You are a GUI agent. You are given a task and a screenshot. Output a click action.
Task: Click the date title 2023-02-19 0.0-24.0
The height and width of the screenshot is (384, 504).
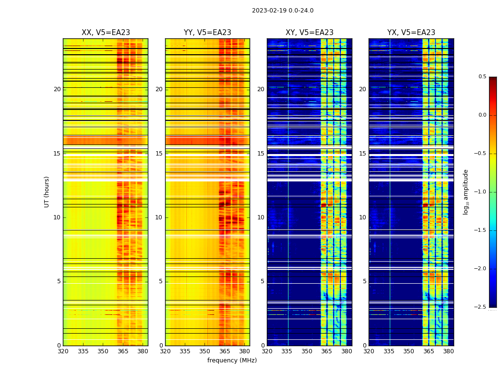pos(282,11)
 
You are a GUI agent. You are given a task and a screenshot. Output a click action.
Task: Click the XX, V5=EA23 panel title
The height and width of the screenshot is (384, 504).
pos(106,33)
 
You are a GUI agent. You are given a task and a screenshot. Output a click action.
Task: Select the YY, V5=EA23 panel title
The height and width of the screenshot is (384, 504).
pos(207,33)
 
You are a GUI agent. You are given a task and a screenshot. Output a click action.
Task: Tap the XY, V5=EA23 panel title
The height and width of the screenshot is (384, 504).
pos(309,33)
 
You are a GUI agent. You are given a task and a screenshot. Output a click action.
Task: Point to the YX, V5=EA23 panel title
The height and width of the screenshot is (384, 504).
pos(411,33)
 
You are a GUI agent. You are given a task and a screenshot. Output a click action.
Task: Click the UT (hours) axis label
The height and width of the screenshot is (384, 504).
pos(47,192)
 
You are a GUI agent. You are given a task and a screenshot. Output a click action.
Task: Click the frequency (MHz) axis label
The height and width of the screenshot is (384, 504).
pos(232,360)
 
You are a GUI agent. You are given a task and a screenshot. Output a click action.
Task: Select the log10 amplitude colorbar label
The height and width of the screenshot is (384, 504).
pos(465,192)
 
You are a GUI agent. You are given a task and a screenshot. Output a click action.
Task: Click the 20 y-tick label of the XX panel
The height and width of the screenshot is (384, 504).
pos(57,89)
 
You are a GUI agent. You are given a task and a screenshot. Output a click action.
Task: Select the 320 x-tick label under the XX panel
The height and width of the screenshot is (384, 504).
pos(63,351)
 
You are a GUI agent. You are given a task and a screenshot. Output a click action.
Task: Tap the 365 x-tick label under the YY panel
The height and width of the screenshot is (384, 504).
pos(225,351)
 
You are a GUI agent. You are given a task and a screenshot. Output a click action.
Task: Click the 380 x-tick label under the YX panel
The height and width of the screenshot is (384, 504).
pos(448,351)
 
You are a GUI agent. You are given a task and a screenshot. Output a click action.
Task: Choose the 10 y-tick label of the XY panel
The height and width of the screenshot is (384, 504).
pos(261,217)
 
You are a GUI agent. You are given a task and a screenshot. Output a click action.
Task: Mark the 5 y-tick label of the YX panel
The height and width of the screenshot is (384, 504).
pos(364,281)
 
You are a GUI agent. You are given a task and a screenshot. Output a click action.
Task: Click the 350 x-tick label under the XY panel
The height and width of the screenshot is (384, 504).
pos(307,351)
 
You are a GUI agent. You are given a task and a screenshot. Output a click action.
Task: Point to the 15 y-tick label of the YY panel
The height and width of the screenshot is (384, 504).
pos(159,154)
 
